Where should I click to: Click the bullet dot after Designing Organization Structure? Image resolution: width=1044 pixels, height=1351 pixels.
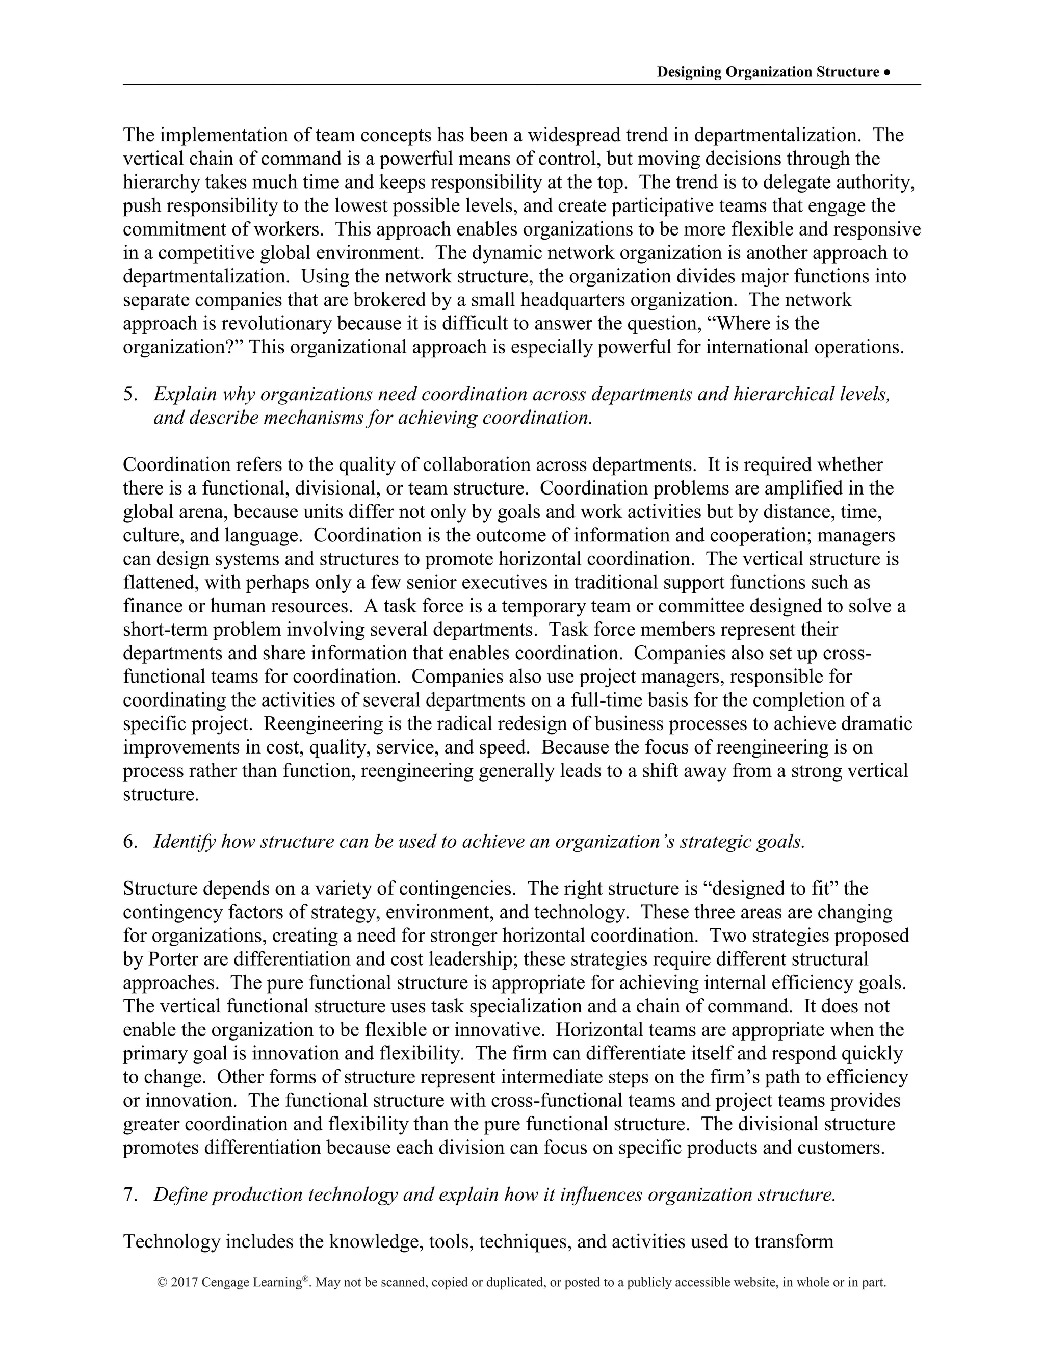pos(887,72)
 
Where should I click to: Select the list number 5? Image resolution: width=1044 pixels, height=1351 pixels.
pos(129,394)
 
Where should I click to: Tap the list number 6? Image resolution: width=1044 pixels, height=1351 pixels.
pos(129,841)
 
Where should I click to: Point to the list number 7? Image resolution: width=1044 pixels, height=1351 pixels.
pos(129,1194)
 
